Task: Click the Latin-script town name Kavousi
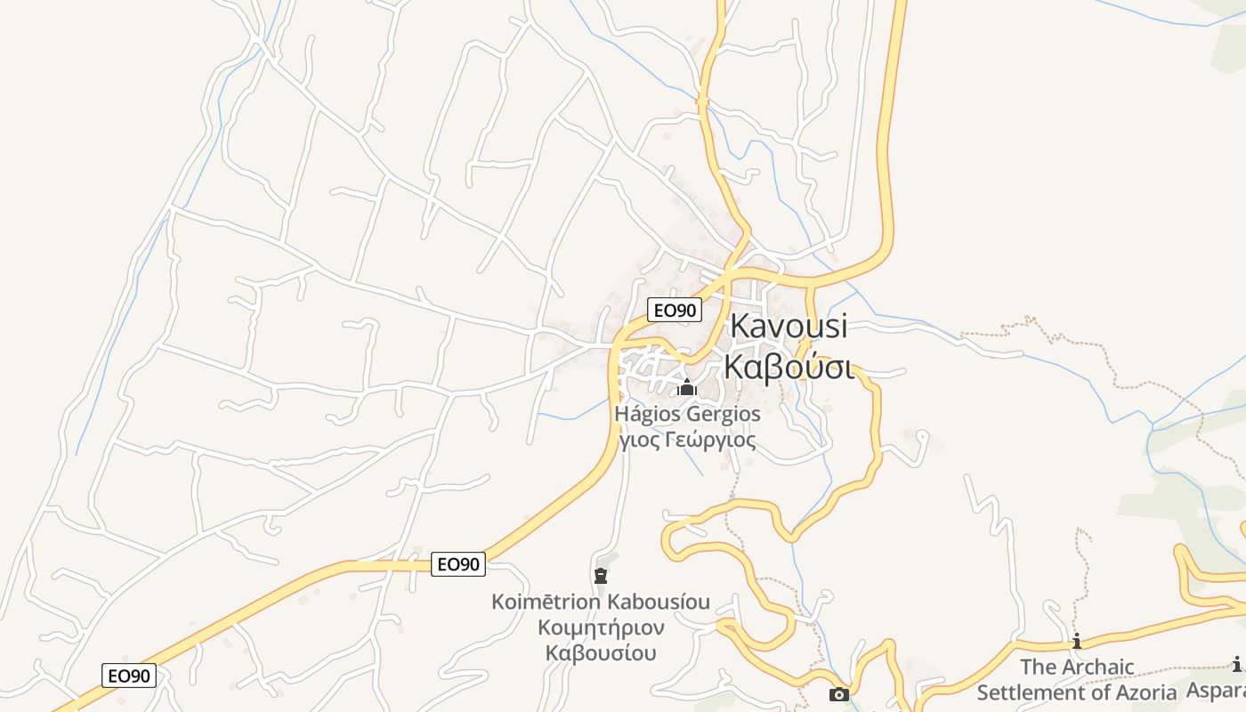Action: point(789,327)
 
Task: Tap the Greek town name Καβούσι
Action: point(789,366)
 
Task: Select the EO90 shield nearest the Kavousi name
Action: point(674,310)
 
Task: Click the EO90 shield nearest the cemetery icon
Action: point(458,563)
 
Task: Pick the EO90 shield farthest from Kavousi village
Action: point(129,676)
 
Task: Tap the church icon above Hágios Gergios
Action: point(686,387)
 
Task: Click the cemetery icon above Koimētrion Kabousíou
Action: point(601,576)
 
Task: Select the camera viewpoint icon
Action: point(838,694)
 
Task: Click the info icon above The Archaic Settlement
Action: point(1077,641)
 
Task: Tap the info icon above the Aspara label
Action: point(1236,664)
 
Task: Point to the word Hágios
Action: point(646,414)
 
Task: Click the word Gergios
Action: point(722,414)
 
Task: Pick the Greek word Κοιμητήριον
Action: point(602,627)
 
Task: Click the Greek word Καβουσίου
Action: point(602,652)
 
